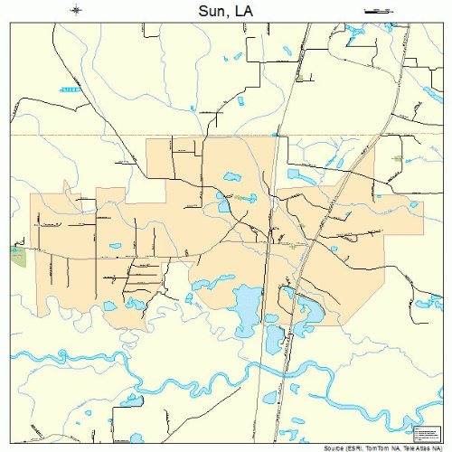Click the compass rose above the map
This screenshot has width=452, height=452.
click(x=76, y=10)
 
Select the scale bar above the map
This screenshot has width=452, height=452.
click(x=373, y=10)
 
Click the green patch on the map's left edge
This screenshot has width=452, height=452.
click(x=18, y=255)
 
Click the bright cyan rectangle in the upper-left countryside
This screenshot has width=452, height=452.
click(x=69, y=89)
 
